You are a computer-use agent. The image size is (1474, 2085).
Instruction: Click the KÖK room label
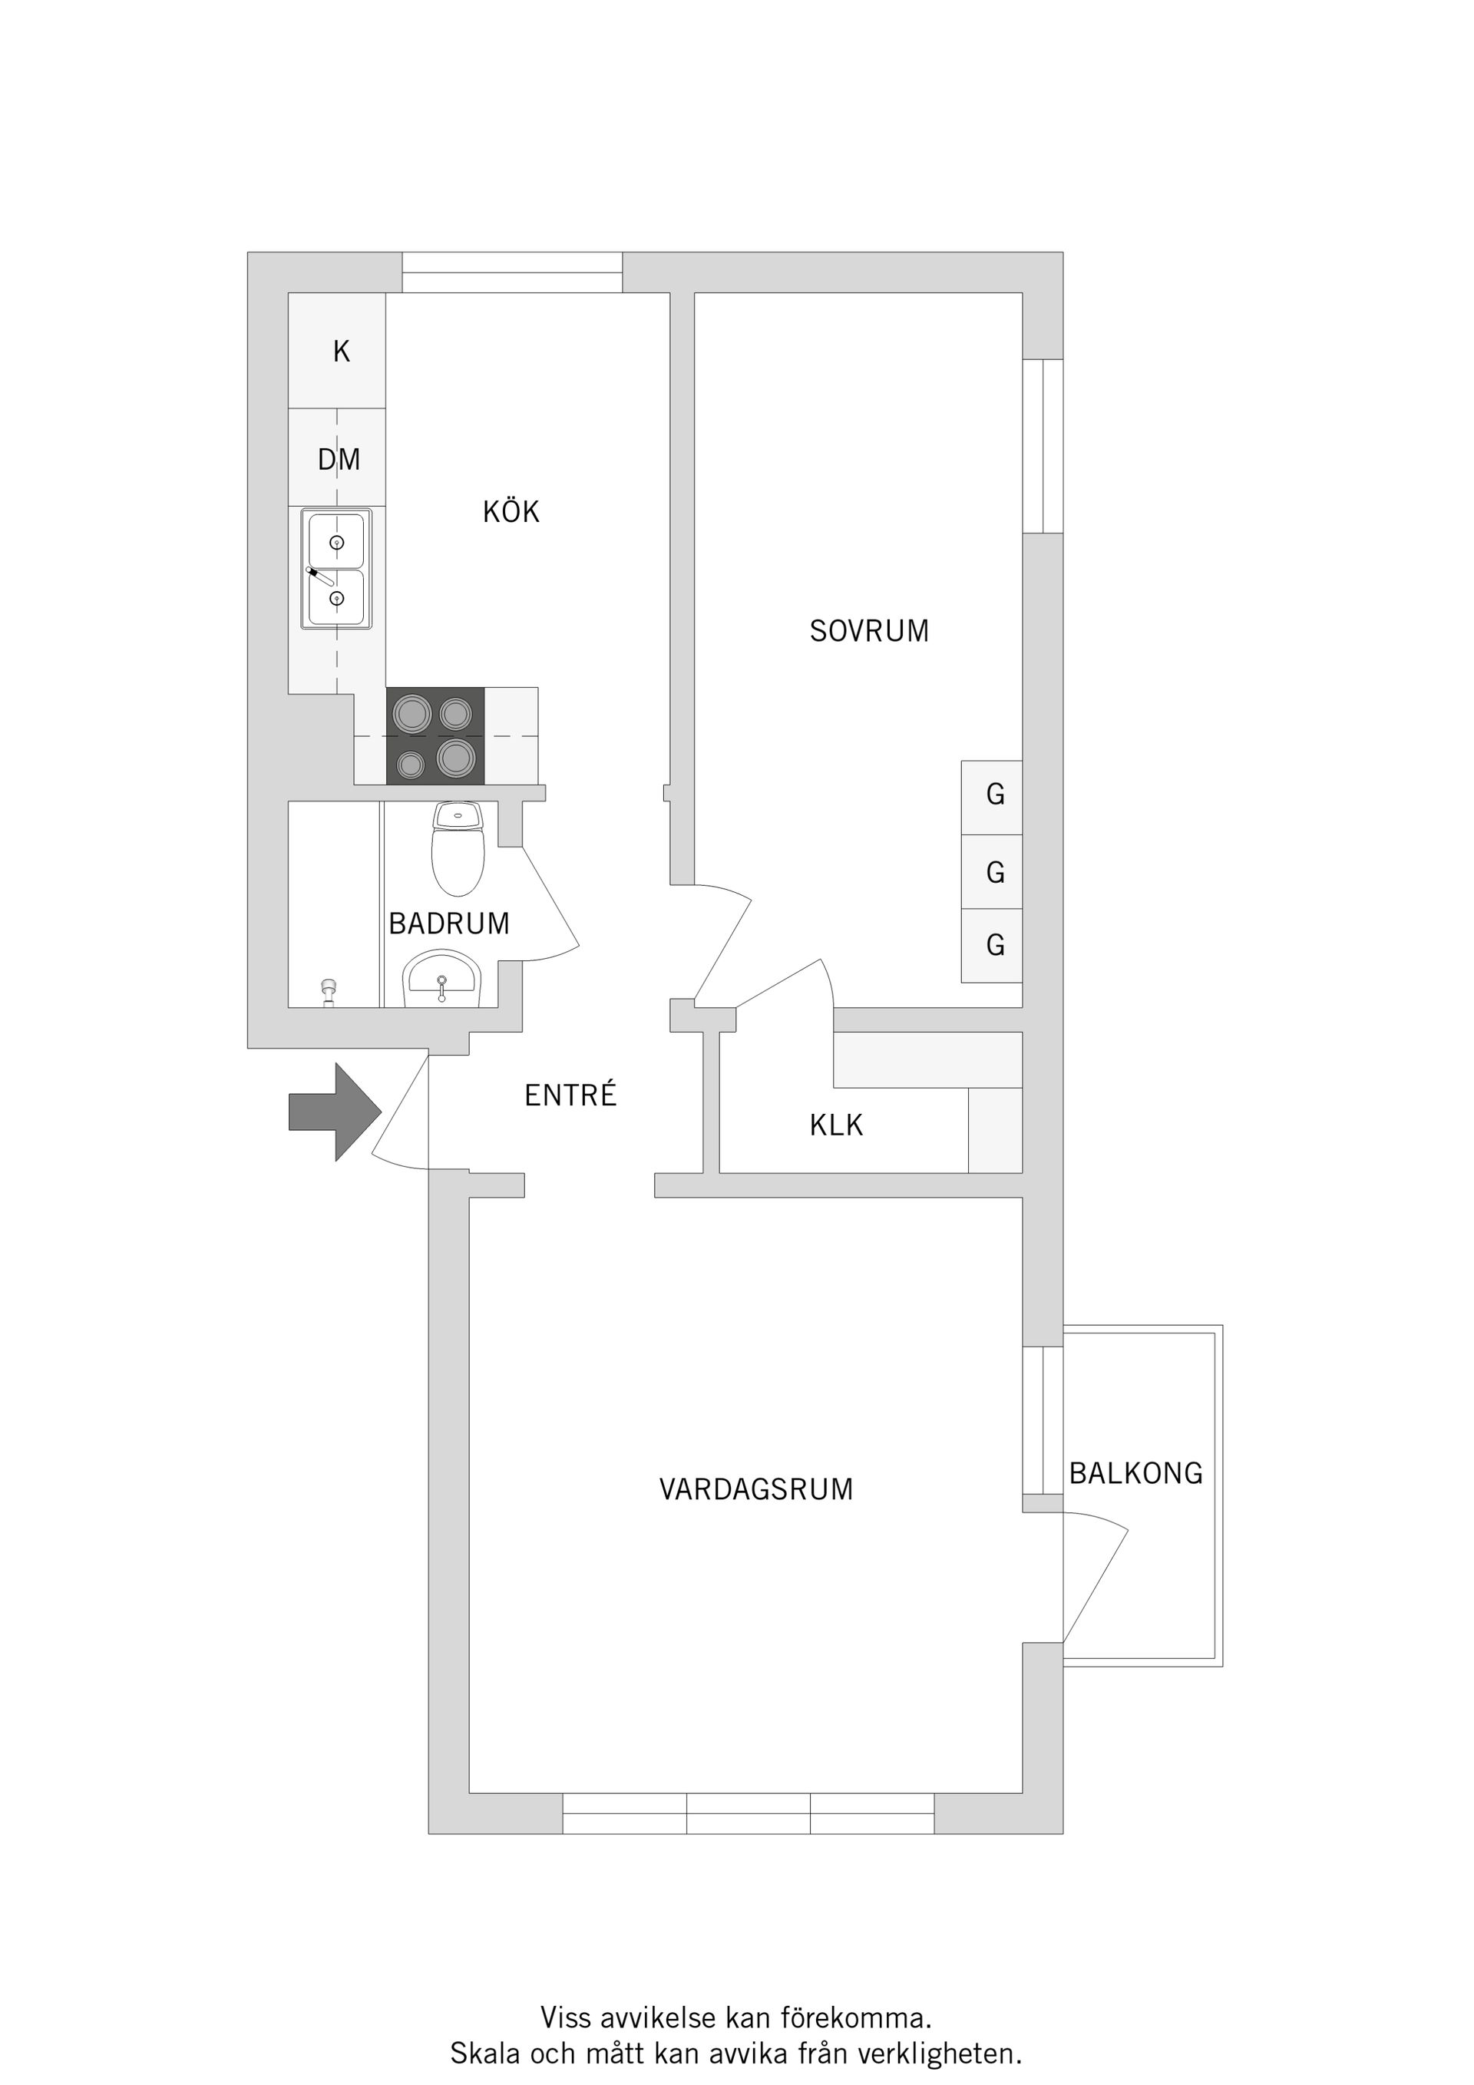coord(511,511)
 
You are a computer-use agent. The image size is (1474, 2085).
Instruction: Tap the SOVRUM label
coord(869,631)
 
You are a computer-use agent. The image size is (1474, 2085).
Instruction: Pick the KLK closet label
coord(835,1125)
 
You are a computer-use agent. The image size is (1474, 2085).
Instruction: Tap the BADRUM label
coord(448,924)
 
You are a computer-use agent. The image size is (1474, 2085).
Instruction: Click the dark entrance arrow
coord(334,1112)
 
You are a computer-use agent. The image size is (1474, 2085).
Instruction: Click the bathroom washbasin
coord(442,979)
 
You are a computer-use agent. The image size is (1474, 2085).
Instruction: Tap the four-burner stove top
coord(435,735)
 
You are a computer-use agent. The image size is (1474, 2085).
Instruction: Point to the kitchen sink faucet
coord(322,576)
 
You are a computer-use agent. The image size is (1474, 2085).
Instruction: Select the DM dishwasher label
coord(339,460)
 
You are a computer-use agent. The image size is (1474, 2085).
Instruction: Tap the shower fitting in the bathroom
coord(329,993)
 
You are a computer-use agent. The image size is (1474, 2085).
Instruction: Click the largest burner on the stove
coord(456,758)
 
